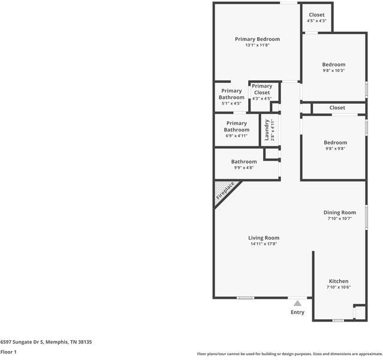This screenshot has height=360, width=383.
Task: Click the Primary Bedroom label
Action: (x=257, y=39)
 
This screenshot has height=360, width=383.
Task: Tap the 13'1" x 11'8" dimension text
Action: (x=257, y=45)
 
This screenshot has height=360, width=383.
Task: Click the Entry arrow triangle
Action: (x=297, y=303)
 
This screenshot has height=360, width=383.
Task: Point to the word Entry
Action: (x=297, y=313)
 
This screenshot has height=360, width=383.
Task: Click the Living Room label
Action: (x=264, y=238)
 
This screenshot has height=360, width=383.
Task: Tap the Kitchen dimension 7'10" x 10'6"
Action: (x=339, y=287)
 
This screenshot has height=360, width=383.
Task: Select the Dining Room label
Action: (x=339, y=212)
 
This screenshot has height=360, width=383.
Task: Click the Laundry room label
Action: (x=267, y=130)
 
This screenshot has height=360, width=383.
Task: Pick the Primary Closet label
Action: (x=262, y=89)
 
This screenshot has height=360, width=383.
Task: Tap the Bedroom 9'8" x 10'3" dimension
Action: (x=334, y=71)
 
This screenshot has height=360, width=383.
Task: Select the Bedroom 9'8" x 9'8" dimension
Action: (x=335, y=148)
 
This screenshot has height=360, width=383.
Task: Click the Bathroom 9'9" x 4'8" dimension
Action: (x=244, y=168)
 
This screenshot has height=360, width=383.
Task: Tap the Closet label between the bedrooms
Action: (x=337, y=108)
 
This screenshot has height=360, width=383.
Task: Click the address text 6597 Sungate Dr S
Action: (x=22, y=342)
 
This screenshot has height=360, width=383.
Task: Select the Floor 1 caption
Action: (x=8, y=352)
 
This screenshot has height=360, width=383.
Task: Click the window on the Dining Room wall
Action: (x=366, y=217)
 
